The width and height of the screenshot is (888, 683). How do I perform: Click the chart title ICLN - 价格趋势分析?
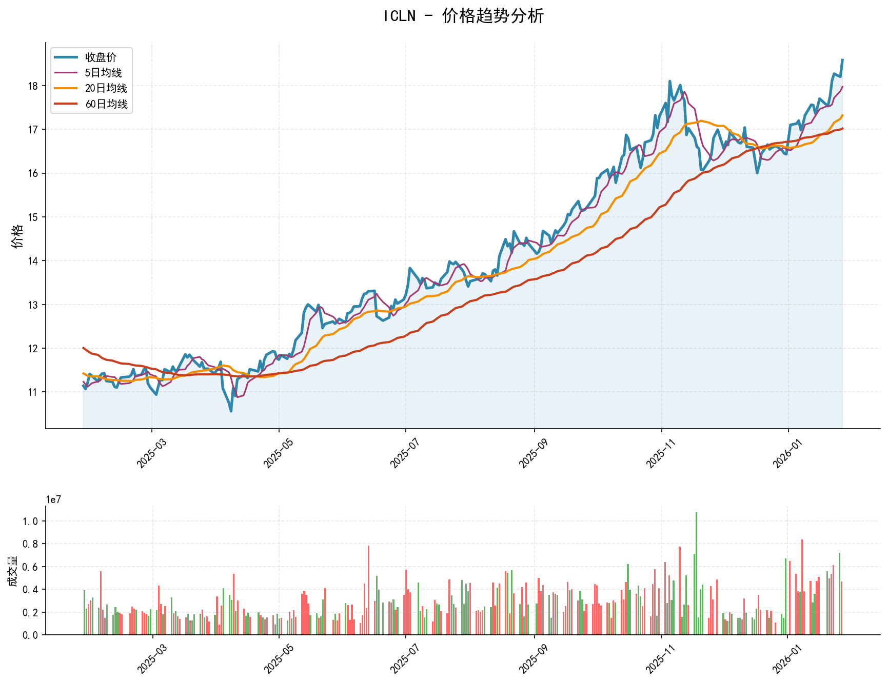463,16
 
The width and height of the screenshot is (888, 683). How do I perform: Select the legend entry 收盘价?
101,57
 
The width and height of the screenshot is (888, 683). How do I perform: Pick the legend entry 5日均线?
103,73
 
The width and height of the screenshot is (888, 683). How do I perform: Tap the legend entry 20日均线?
106,88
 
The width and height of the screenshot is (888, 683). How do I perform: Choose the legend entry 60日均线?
106,104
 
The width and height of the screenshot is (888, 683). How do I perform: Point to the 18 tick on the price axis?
33,86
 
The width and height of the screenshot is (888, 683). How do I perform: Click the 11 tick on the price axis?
33,392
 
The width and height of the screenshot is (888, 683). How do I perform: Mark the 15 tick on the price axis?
33,217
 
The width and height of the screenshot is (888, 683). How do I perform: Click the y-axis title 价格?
17,236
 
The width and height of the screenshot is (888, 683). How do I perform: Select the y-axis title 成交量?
13,571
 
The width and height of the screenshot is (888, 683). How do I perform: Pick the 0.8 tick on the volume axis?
31,544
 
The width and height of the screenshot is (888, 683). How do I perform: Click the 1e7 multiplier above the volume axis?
53,499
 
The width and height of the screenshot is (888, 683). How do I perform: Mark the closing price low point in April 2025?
231,411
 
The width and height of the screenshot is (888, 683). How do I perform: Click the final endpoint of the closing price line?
842,60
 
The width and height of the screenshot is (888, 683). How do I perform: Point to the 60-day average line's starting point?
84,348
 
